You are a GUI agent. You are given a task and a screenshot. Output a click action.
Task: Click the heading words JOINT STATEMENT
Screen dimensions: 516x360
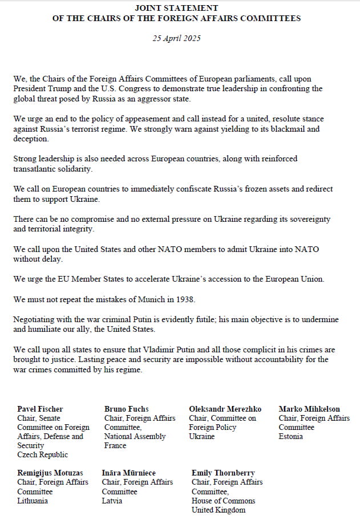(x=176, y=8)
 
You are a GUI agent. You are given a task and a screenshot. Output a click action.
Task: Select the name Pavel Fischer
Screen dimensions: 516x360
(x=40, y=409)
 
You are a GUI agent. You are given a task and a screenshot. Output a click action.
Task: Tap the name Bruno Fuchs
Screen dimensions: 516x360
(x=126, y=409)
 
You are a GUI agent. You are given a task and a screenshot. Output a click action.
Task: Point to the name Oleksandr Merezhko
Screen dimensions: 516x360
(x=225, y=409)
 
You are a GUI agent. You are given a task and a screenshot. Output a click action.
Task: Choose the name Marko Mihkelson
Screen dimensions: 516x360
(x=309, y=409)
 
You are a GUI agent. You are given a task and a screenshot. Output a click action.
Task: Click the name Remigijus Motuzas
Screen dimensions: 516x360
(x=50, y=473)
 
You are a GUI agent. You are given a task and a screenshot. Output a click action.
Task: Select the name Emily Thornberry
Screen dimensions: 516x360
(x=223, y=473)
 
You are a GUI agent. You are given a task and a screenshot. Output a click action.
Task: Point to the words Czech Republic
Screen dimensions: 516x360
(x=42, y=455)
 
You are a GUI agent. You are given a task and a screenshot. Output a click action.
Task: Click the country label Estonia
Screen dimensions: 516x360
(x=291, y=437)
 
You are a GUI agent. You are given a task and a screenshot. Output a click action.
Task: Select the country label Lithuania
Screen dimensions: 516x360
(x=33, y=501)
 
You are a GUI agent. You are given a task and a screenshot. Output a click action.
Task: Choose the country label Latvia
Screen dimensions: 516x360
(x=112, y=501)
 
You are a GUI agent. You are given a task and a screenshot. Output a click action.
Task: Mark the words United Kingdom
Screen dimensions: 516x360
(x=219, y=510)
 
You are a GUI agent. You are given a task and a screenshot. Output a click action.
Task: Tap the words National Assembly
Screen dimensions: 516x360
(x=135, y=437)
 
